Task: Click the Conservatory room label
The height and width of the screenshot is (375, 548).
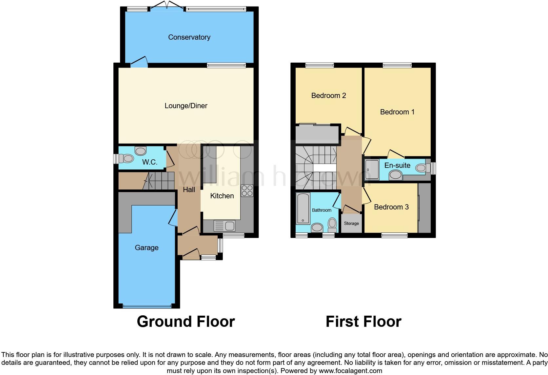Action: point(189,37)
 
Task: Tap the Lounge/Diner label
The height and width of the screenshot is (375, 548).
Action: point(186,106)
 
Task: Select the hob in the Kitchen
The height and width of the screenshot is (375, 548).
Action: point(247,191)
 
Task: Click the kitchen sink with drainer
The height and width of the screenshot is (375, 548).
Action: point(224,226)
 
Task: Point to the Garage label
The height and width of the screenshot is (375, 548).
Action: point(147,247)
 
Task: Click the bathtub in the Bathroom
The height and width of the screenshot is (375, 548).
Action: point(303,208)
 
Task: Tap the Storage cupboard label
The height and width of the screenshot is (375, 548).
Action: point(351,223)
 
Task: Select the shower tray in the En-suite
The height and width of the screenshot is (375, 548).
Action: point(372,170)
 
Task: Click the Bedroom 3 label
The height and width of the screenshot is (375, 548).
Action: point(391,207)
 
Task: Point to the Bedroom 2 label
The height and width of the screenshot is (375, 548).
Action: point(328,95)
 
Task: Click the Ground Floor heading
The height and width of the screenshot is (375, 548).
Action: point(186,321)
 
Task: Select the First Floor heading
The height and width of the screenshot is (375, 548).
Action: point(363,321)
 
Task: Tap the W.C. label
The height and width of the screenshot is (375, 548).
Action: point(149,162)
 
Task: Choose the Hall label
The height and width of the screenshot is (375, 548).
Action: point(189,189)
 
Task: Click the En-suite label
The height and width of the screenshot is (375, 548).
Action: point(397,165)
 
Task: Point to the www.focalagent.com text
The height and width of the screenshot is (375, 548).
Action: point(350,371)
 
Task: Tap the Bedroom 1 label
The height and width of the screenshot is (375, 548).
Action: point(397,112)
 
